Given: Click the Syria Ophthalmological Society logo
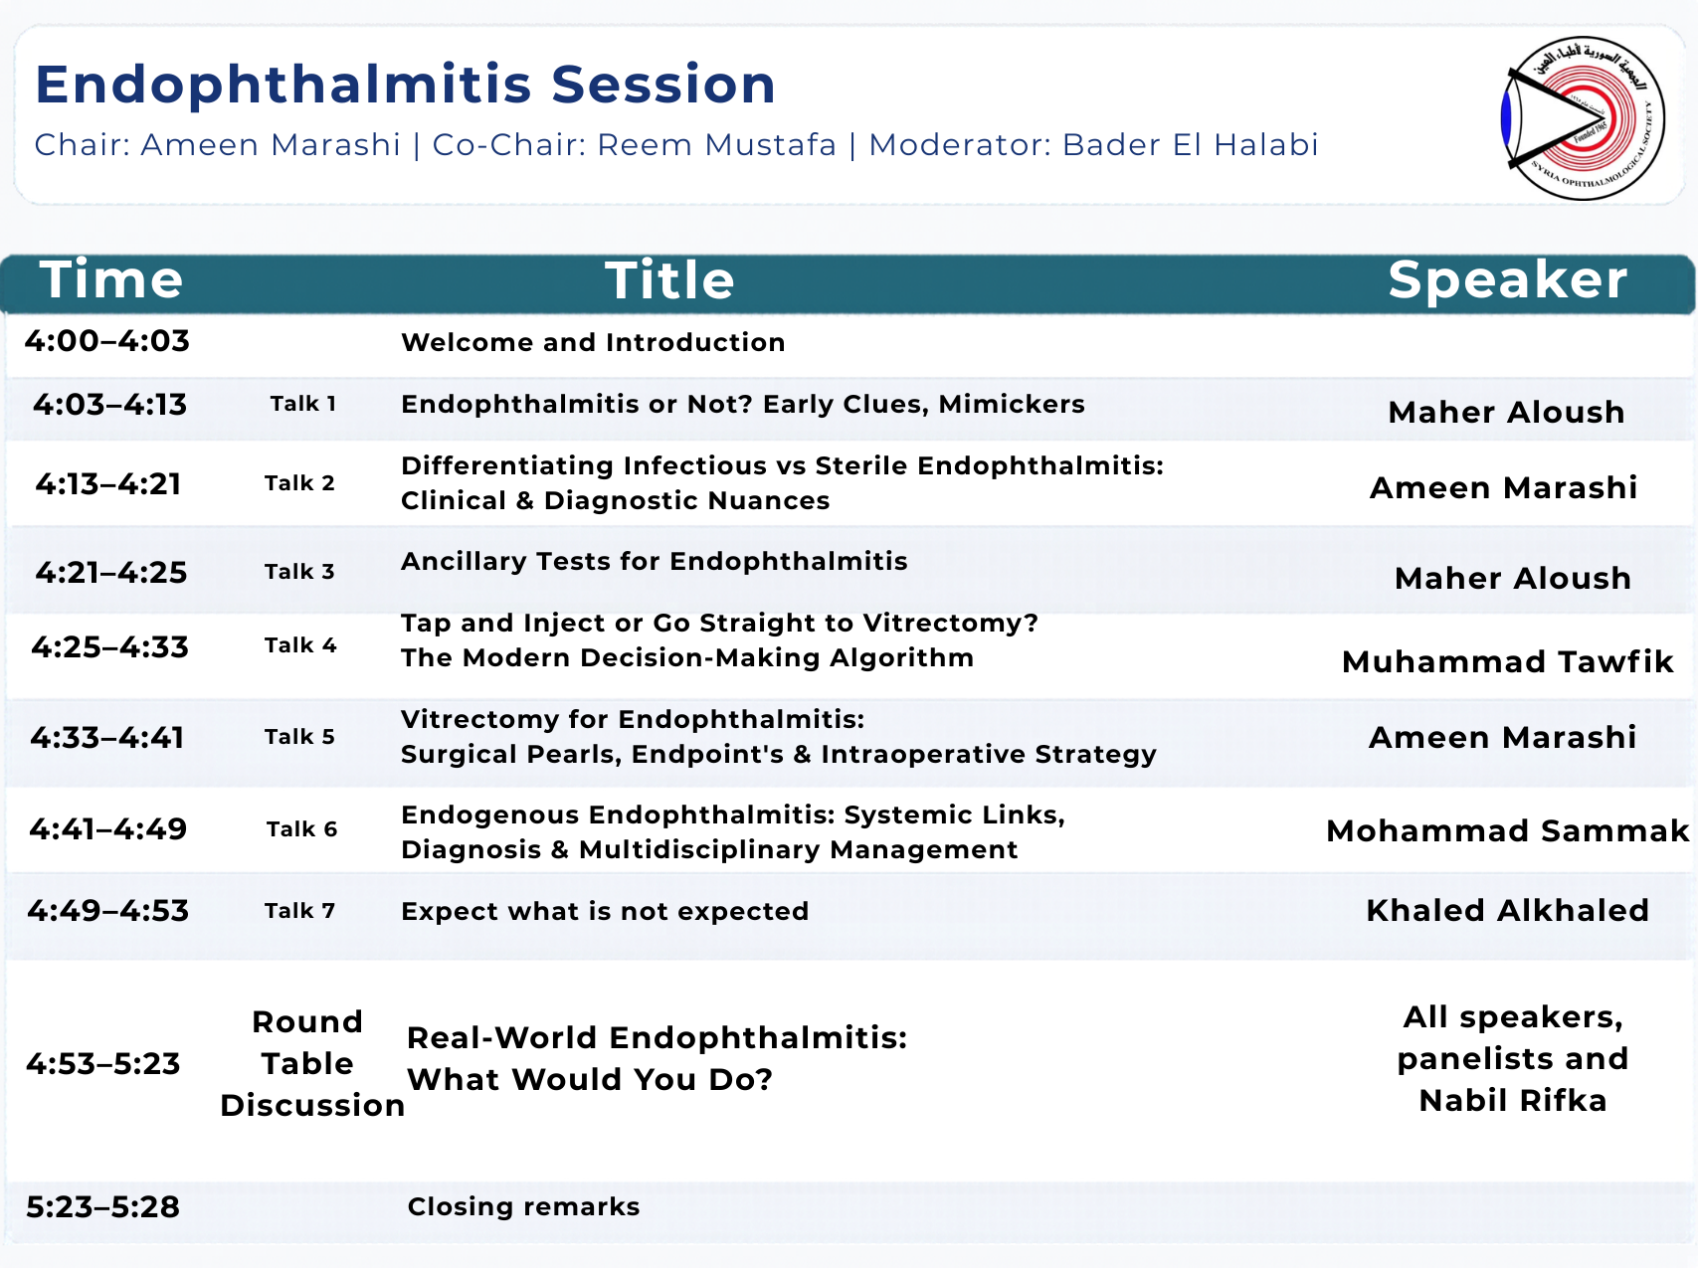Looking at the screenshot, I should (x=1583, y=117).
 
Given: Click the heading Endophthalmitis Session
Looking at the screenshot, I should (x=405, y=85).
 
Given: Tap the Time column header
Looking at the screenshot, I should (x=111, y=279).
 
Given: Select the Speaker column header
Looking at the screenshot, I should (x=1507, y=279).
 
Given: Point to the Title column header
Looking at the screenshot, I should (x=669, y=280).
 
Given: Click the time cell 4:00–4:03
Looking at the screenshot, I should (x=107, y=341).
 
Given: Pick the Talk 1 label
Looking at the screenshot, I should (x=303, y=404).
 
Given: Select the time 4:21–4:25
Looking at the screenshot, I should (x=111, y=572).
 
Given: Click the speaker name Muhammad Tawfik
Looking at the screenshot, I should (x=1507, y=661).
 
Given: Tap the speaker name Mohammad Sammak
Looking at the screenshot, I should (x=1507, y=830).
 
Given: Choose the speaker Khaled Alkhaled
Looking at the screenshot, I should (x=1507, y=910).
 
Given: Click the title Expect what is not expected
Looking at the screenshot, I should (x=605, y=911).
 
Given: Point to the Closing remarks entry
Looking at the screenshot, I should (x=523, y=1206).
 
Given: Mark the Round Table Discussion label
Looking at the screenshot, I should (x=309, y=1063).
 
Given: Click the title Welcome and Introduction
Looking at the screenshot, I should (x=593, y=342).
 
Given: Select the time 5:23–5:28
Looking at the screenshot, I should (x=103, y=1206).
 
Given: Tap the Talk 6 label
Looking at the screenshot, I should (x=301, y=829).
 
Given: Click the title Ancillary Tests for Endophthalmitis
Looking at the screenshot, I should (x=654, y=561).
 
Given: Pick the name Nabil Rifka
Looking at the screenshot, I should (x=1512, y=1101).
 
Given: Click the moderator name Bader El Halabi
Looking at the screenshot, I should (x=1190, y=145).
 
